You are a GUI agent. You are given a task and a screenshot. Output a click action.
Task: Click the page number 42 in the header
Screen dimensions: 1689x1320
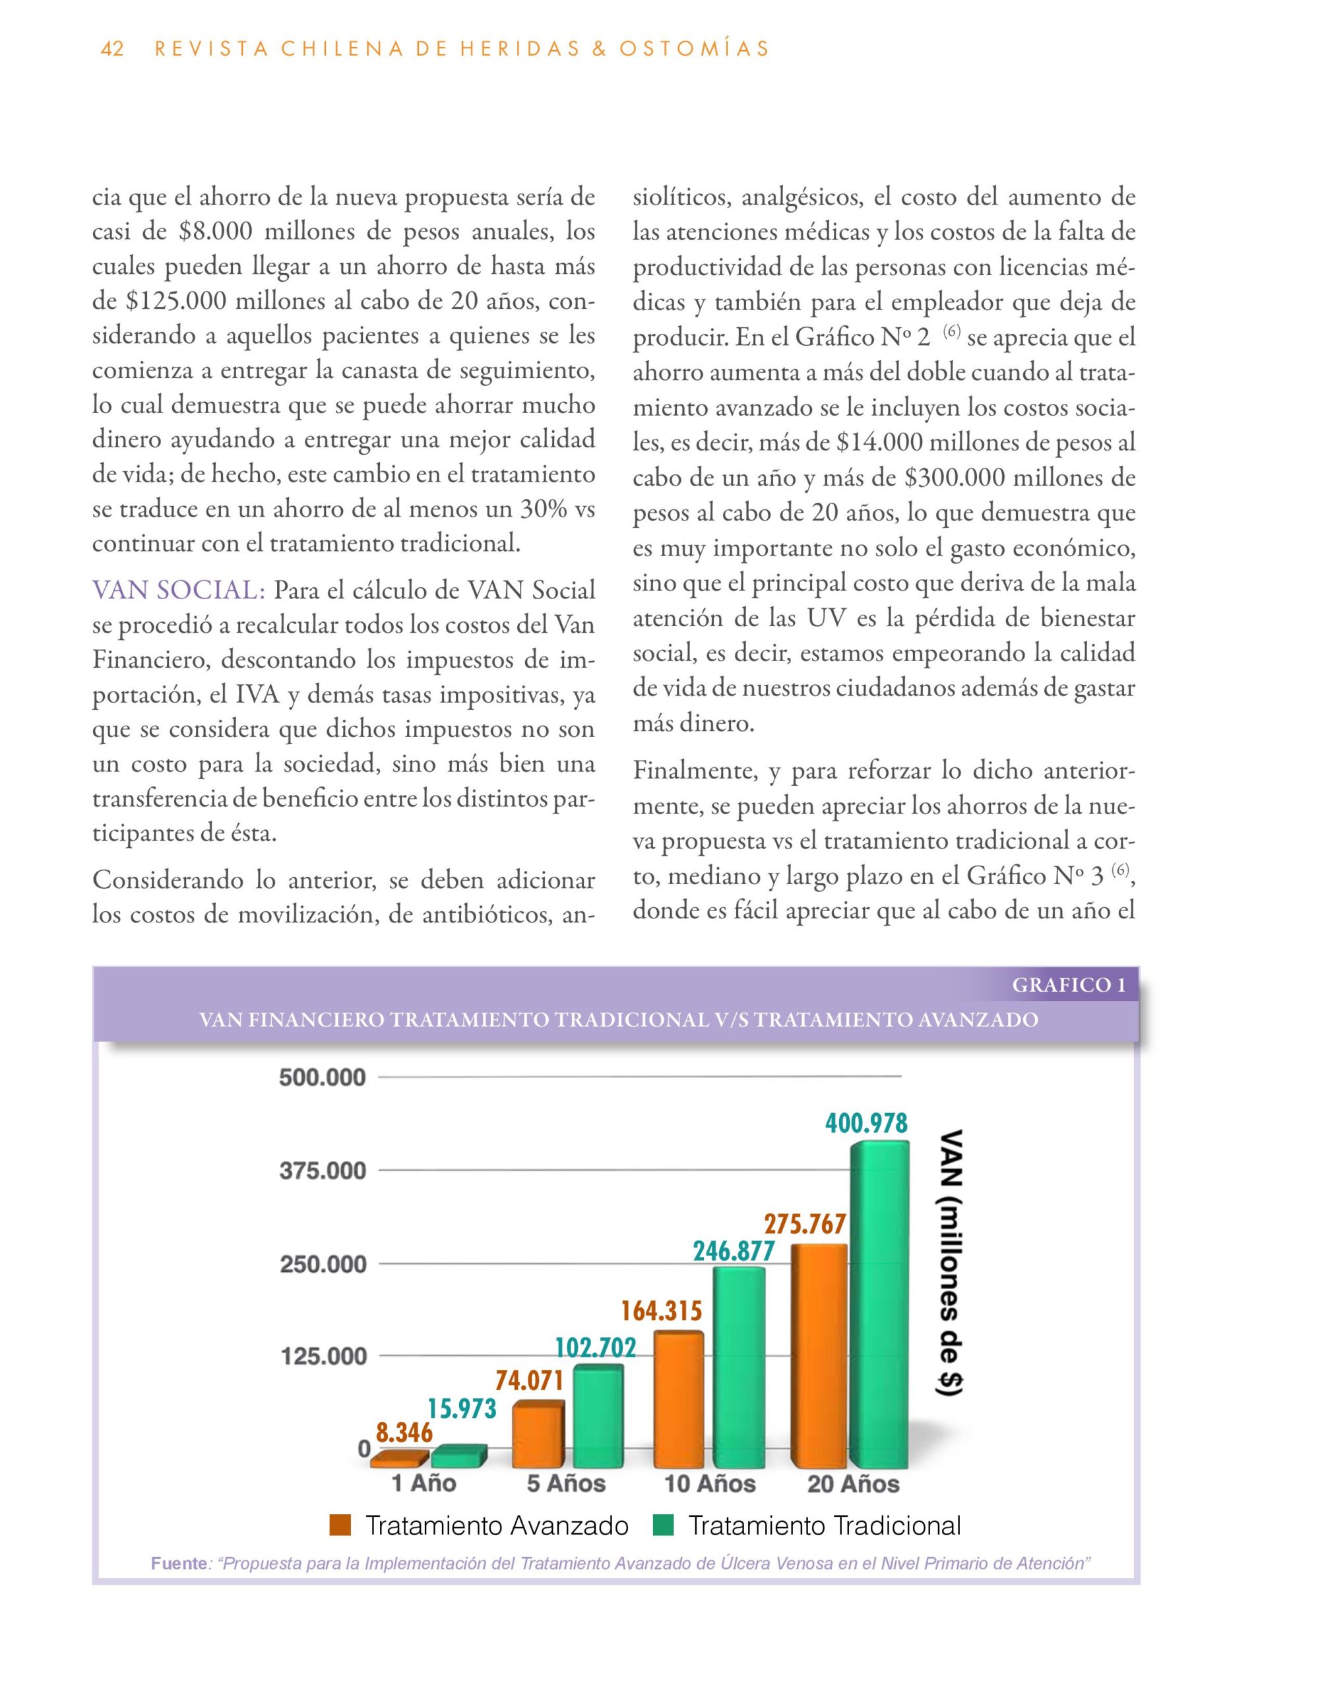tap(112, 49)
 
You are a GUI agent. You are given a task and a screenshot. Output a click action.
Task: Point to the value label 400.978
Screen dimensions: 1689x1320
tap(866, 1123)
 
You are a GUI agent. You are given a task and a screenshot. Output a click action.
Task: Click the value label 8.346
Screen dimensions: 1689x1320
tap(404, 1433)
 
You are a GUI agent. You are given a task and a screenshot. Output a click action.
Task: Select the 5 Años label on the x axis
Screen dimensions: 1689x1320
tap(566, 1483)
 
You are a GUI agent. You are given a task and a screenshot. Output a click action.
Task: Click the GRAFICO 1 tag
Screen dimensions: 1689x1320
tap(1069, 985)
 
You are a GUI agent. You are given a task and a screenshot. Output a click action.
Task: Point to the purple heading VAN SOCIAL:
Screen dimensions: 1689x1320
tap(179, 591)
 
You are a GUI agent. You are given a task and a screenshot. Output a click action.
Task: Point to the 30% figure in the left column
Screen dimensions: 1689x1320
tap(543, 509)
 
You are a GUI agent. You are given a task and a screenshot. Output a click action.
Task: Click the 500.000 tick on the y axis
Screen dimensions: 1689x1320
tap(323, 1077)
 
